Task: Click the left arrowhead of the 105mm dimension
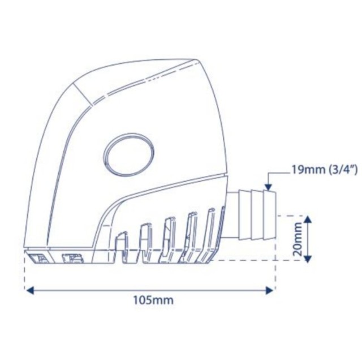tap(29, 290)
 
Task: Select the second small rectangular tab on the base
tap(72, 260)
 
